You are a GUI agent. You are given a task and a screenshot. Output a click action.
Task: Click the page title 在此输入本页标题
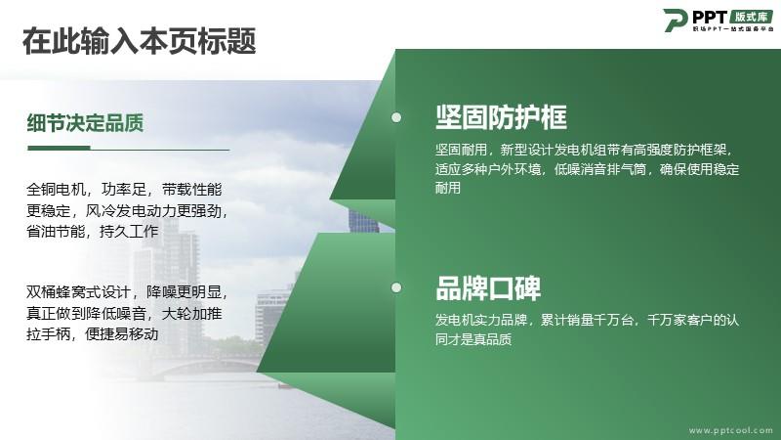click(139, 41)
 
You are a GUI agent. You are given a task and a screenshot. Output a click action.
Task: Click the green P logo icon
click(676, 20)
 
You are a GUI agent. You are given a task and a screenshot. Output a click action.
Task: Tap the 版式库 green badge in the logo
click(751, 17)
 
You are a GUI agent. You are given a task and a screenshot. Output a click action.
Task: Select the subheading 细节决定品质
click(85, 123)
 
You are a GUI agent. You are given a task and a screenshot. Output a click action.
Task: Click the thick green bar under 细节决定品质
click(59, 148)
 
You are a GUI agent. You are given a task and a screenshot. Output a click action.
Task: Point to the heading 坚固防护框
click(501, 117)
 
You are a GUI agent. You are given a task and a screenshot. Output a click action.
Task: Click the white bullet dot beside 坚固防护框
click(396, 117)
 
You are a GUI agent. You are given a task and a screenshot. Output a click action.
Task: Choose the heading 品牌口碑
click(488, 287)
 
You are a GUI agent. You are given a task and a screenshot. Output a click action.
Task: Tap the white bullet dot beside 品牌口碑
click(396, 287)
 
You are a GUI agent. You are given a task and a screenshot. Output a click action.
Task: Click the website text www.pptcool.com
click(730, 430)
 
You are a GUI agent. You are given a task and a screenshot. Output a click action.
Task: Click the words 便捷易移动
click(121, 333)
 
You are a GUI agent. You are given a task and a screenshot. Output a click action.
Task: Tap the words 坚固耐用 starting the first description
click(461, 150)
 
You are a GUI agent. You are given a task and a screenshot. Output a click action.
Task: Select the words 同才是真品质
click(473, 339)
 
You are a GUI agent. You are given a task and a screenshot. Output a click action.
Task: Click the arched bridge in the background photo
click(209, 363)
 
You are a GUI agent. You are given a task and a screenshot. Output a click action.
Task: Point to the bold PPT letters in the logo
click(710, 17)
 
